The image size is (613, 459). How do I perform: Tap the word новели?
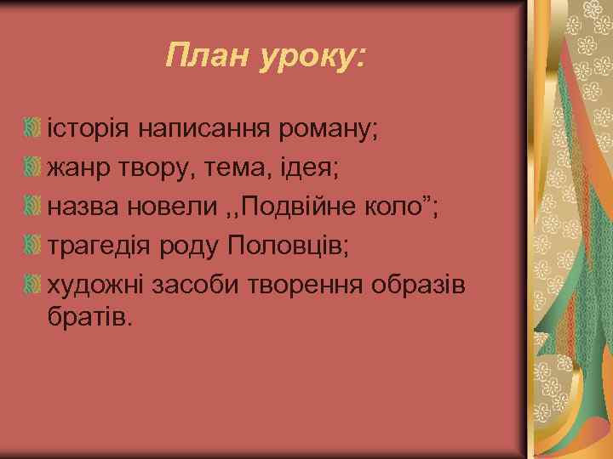coord(177,207)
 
